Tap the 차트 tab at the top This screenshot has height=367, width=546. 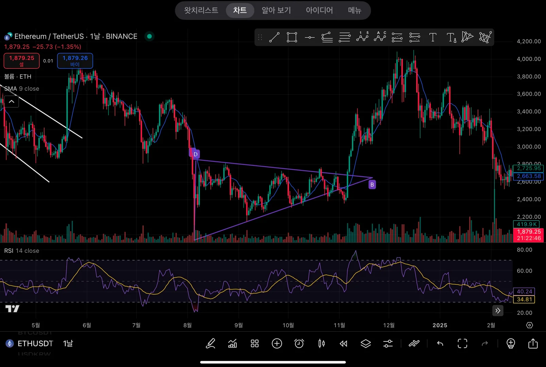point(240,10)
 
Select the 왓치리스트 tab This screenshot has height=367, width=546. point(201,10)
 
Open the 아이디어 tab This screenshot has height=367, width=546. point(319,10)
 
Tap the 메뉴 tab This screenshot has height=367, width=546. point(354,10)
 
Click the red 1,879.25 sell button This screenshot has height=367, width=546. point(21,60)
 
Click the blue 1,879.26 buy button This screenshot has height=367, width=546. point(75,60)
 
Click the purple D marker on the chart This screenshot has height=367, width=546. point(195,154)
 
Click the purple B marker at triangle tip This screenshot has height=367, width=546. point(372,185)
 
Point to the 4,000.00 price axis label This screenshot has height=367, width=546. point(528,59)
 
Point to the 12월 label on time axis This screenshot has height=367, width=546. point(389,325)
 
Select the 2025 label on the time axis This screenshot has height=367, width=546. point(440,325)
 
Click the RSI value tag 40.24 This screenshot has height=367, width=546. point(524,292)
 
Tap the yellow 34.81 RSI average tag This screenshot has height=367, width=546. point(524,299)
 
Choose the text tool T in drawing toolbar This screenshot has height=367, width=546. point(433,37)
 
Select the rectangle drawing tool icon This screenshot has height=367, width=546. point(292,37)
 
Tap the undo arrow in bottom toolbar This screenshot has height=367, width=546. point(440,344)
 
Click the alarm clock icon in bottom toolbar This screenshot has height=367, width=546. point(299,344)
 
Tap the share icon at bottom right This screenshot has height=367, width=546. point(533,344)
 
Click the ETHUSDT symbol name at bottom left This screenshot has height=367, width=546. point(35,344)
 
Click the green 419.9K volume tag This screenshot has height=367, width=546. point(526,224)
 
